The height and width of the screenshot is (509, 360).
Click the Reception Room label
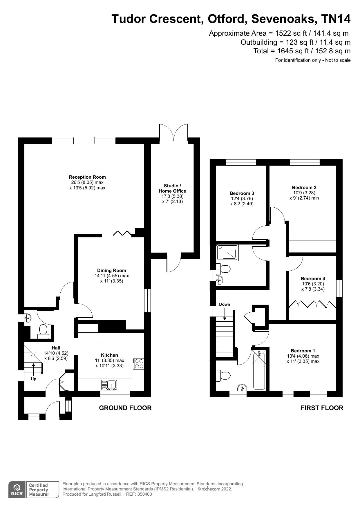point(87,177)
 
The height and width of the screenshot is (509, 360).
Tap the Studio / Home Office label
point(172,188)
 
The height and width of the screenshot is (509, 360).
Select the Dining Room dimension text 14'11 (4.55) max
point(112,276)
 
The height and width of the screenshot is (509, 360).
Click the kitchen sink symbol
point(109,385)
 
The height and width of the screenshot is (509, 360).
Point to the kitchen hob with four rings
point(138,364)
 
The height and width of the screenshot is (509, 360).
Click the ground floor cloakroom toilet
point(43,331)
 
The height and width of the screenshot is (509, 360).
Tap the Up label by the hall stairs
point(34,379)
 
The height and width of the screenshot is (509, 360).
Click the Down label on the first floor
point(224,304)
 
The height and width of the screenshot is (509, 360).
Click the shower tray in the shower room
point(227,253)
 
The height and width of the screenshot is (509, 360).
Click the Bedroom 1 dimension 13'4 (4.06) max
point(303,356)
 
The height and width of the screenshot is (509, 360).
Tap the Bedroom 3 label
point(242,193)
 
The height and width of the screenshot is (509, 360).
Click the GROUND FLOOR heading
point(125,408)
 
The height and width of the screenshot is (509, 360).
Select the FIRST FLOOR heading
point(322,408)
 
